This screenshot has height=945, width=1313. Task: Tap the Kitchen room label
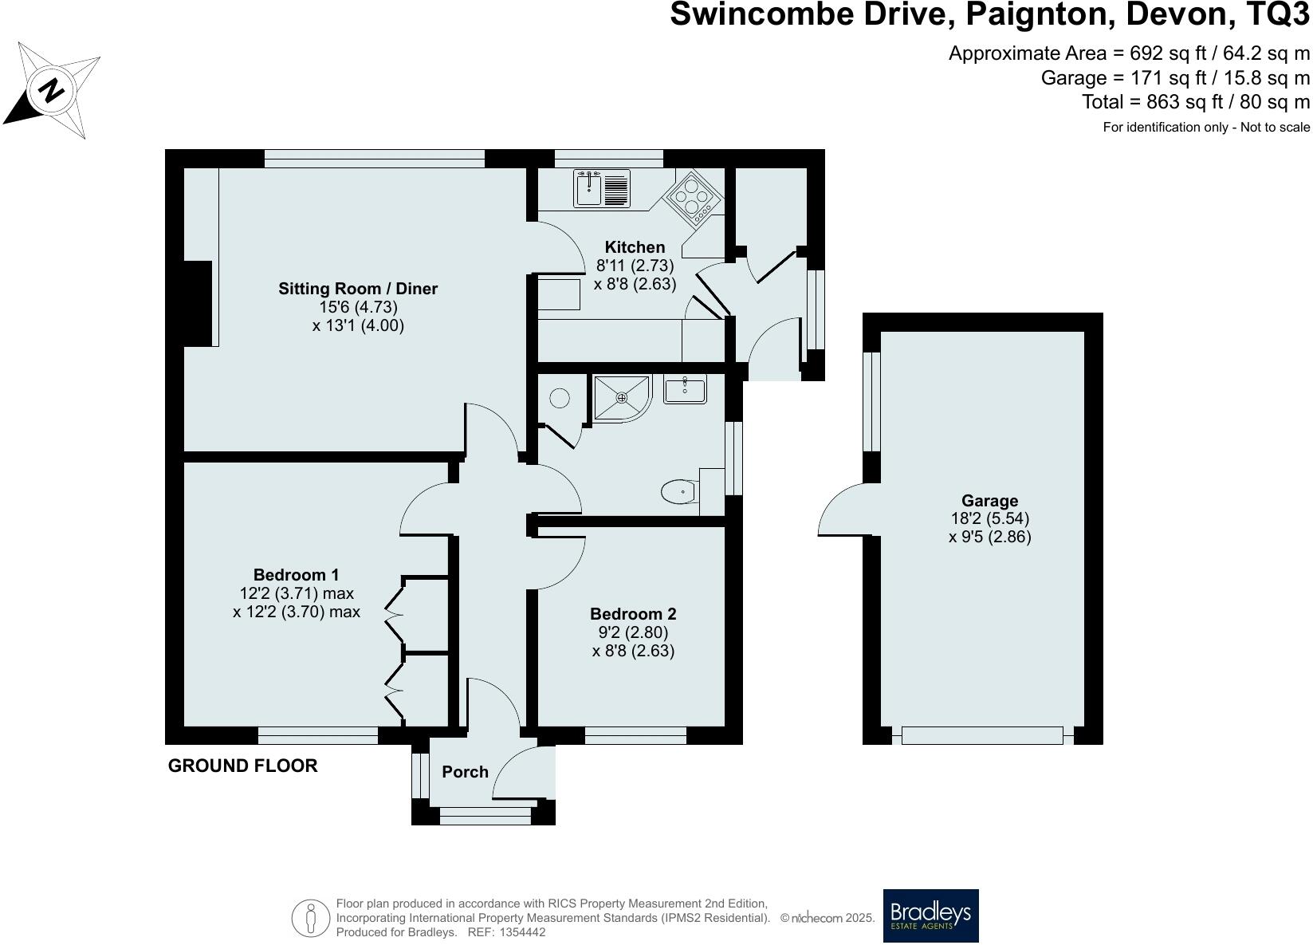[634, 247]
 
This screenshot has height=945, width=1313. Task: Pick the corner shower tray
[622, 396]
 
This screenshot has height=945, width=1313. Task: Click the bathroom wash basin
[685, 390]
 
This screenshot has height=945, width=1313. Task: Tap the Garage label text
[989, 501]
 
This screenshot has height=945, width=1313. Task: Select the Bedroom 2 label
[633, 614]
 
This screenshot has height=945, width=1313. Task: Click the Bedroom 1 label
[296, 575]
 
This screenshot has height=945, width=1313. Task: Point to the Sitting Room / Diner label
[358, 289]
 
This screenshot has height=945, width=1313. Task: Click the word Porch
[465, 772]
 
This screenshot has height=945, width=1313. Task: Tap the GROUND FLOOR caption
[242, 766]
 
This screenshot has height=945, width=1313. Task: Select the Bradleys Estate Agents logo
[930, 915]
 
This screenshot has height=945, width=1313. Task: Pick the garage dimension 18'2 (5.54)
[989, 518]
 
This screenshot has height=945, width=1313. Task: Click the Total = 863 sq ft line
[1195, 102]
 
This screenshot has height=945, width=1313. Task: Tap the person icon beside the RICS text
[311, 918]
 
